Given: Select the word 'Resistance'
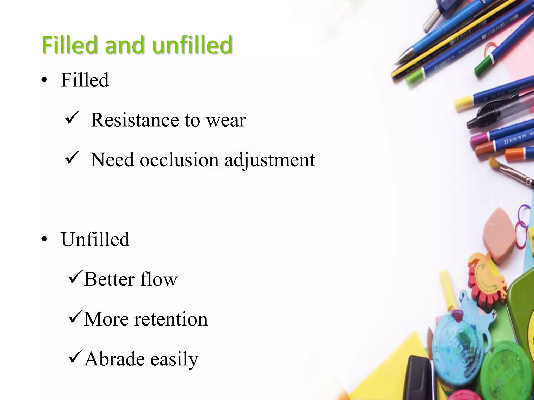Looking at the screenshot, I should pyautogui.click(x=135, y=120).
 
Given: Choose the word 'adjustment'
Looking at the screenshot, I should pyautogui.click(x=270, y=160).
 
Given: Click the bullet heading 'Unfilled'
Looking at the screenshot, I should pyautogui.click(x=95, y=239).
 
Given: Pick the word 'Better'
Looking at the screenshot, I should pyautogui.click(x=109, y=279).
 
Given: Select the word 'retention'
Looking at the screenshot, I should pyautogui.click(x=171, y=319).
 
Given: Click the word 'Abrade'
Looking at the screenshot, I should pyautogui.click(x=114, y=359).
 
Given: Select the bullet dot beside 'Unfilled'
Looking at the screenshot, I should pyautogui.click(x=44, y=240).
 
